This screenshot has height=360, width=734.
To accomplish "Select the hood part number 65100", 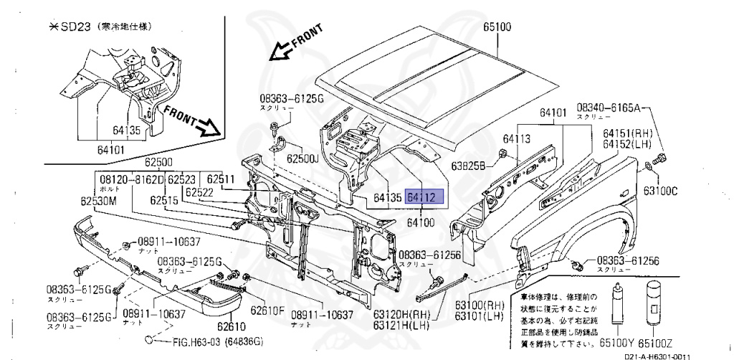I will pos(496,28).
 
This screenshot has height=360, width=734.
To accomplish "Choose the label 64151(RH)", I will pos(627,134).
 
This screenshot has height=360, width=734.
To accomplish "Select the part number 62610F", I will pos(267,311).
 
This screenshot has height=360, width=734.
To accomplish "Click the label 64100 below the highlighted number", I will pos(420,223).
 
